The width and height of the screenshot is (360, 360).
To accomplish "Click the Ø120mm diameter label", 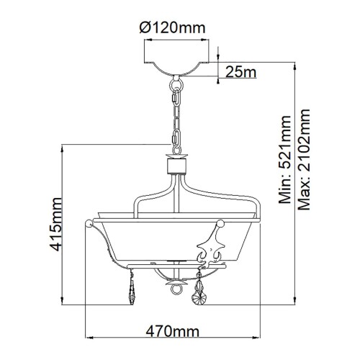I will [174, 29].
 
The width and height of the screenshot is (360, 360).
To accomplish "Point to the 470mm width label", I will [173, 333].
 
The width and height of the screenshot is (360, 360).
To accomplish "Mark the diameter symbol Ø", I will [143, 29].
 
